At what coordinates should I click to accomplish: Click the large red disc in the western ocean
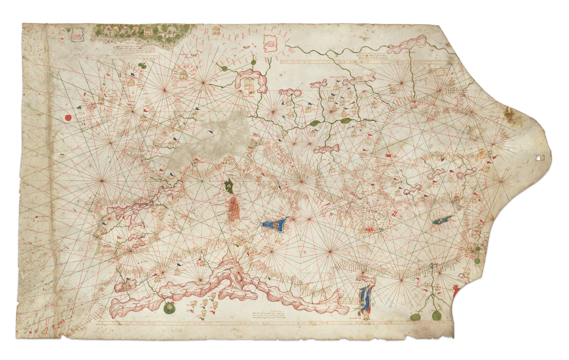(68, 118)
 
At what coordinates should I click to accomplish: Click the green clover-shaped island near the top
(142, 65)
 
